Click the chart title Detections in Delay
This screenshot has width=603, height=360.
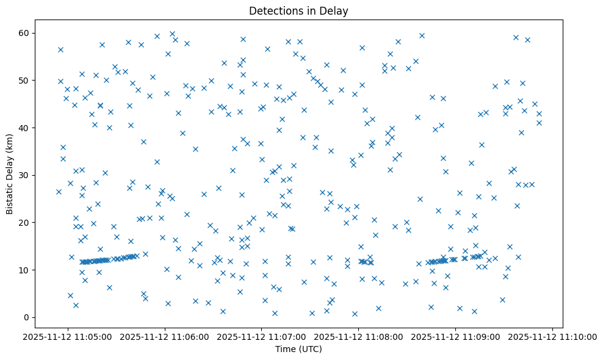298,10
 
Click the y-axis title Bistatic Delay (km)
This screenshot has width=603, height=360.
10,173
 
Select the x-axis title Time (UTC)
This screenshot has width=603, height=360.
298,349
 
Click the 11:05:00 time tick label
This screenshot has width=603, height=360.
68,336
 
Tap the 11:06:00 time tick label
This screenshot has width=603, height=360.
165,336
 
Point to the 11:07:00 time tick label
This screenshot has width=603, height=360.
262,336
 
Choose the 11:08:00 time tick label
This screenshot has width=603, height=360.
359,336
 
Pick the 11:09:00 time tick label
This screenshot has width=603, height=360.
456,336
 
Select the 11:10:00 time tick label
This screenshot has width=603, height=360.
553,336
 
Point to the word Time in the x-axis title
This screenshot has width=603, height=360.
284,349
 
